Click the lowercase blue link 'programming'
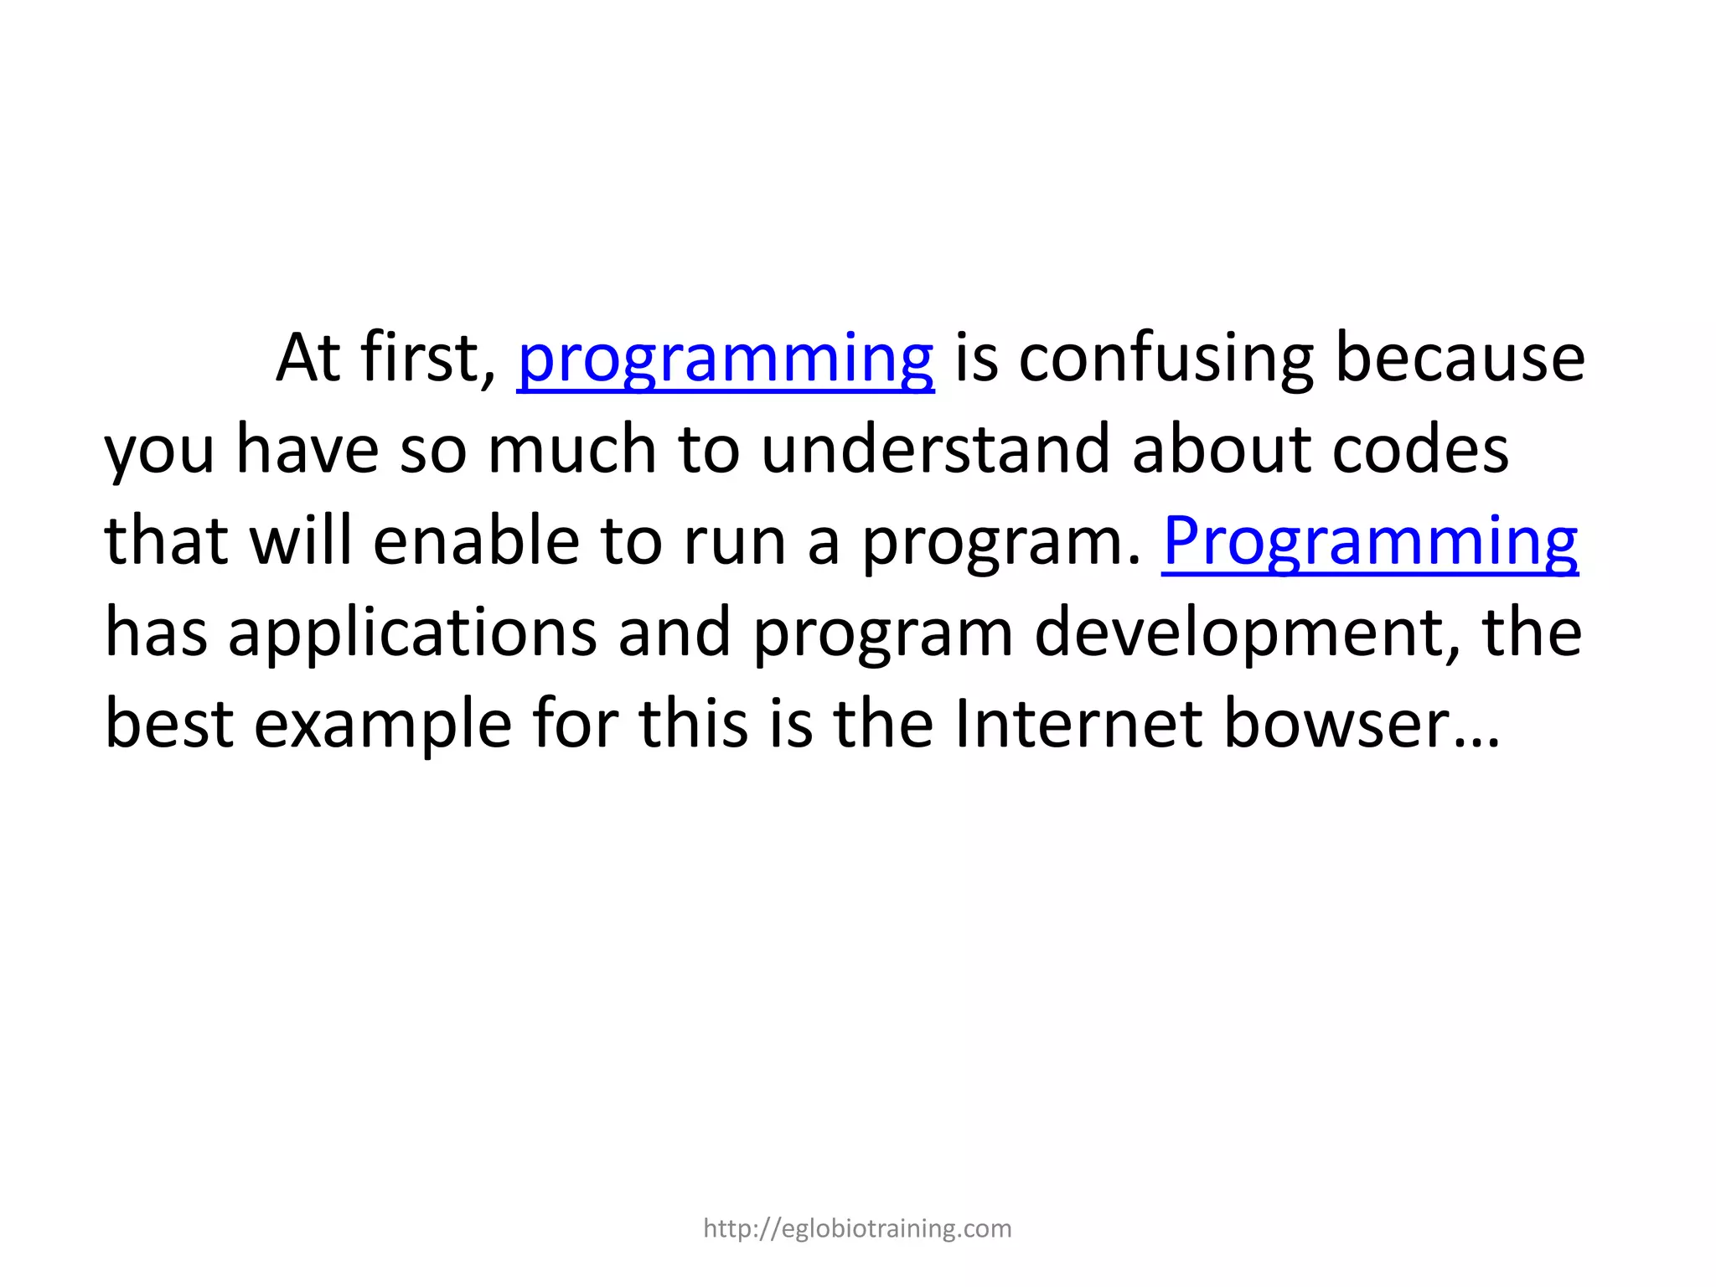(x=726, y=360)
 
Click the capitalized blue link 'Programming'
(x=1370, y=542)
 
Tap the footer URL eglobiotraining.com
(x=857, y=1228)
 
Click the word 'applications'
(x=412, y=634)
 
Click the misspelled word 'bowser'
(x=1336, y=724)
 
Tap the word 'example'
(x=383, y=726)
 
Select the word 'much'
(x=572, y=450)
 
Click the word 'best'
(x=168, y=724)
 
